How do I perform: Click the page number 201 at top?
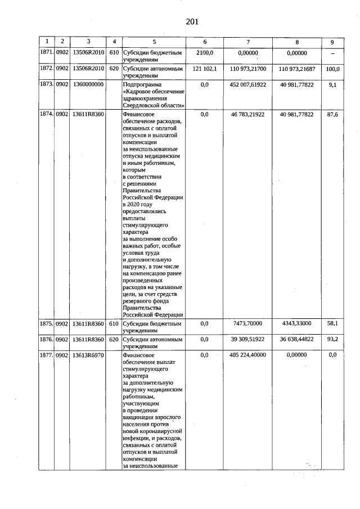tap(192, 22)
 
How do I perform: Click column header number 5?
tap(154, 42)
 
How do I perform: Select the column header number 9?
tap(332, 42)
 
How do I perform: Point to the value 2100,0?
tap(204, 52)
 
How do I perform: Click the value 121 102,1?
tap(204, 68)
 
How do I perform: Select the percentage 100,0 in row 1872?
tap(333, 68)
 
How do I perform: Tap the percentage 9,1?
tap(333, 84)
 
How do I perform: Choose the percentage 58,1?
tap(333, 324)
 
